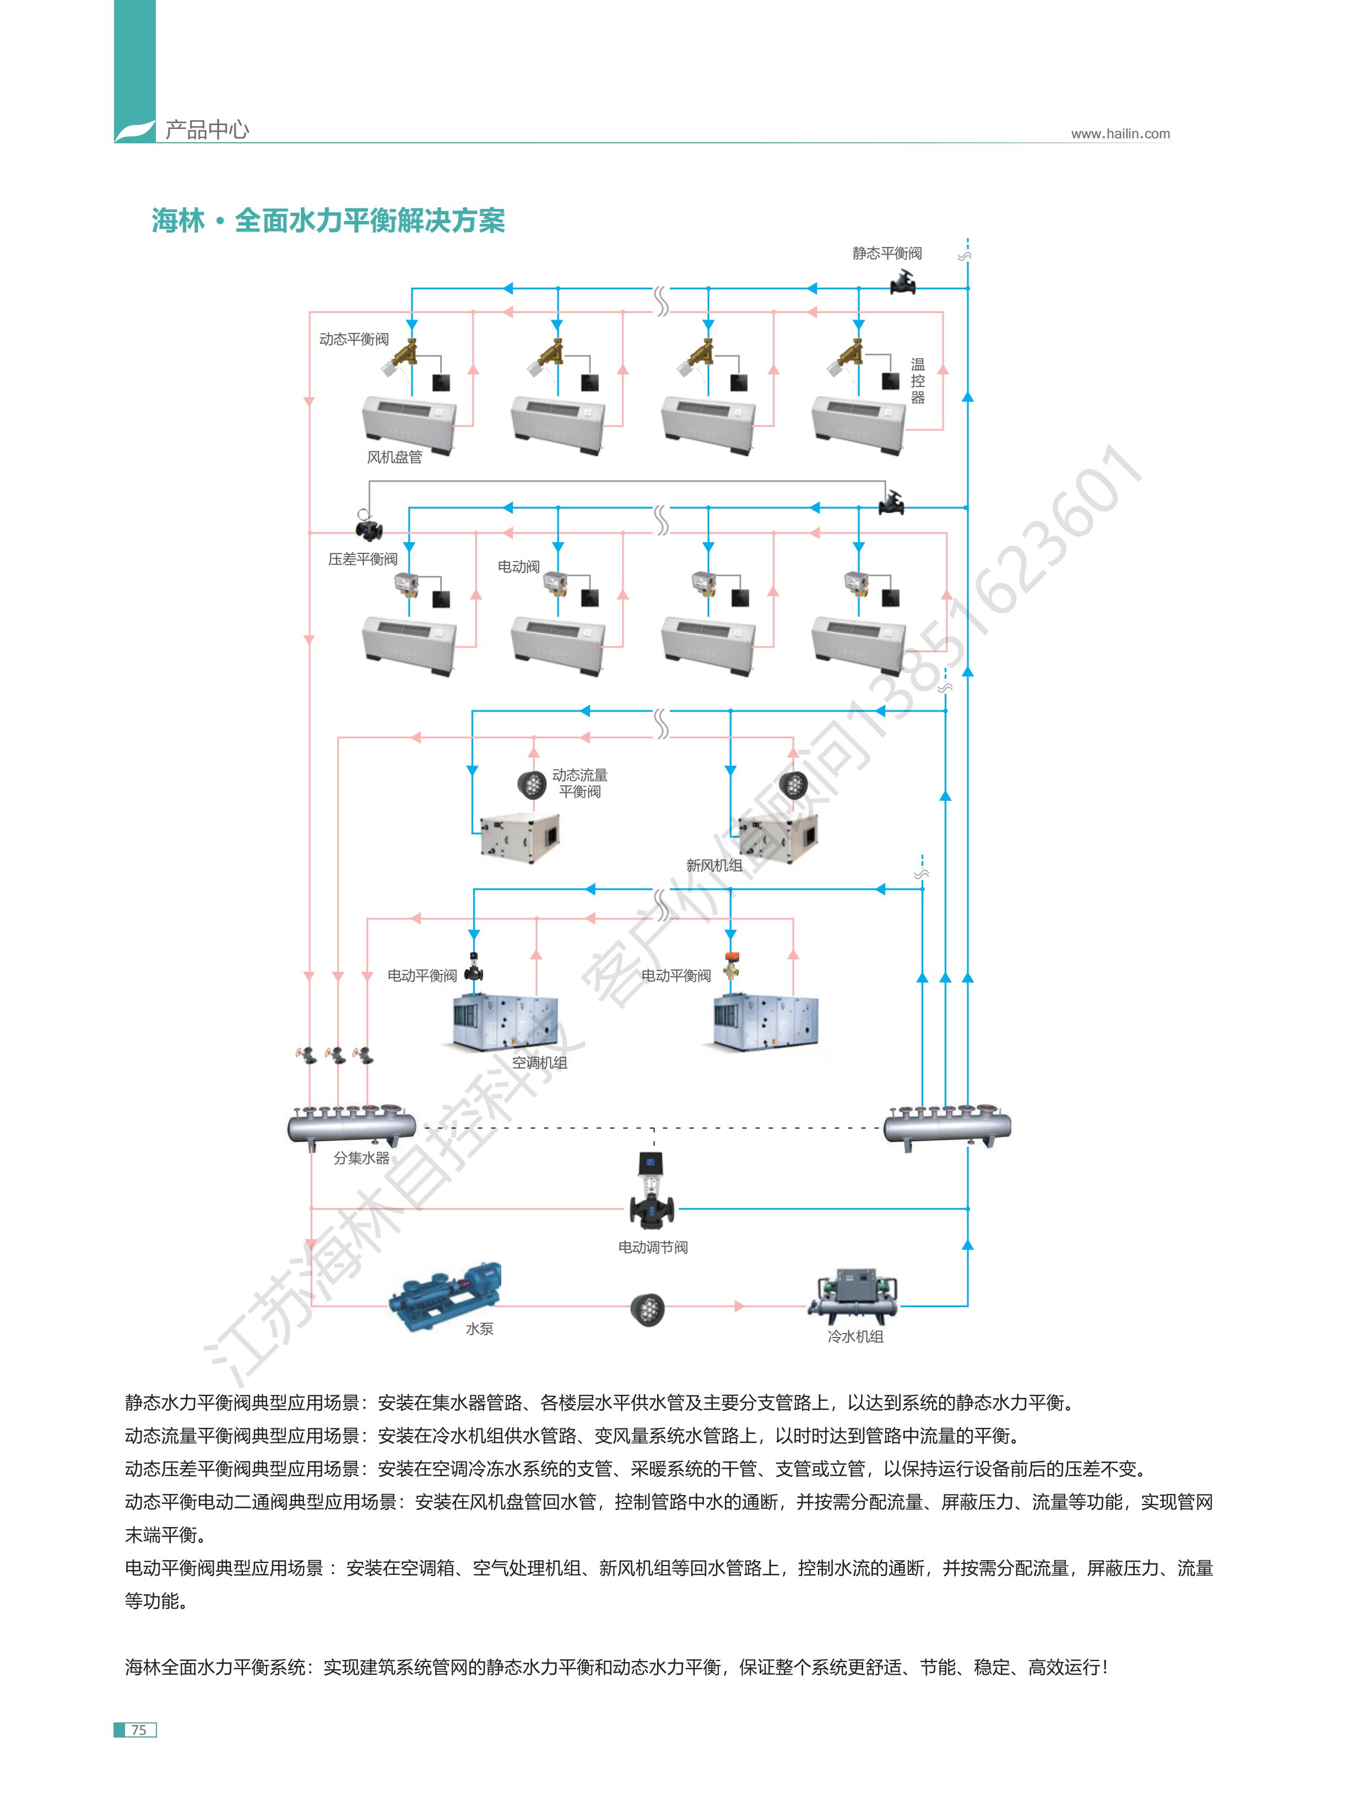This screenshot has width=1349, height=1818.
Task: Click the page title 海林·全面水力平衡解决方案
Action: [328, 220]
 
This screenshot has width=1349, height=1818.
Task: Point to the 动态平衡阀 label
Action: [354, 339]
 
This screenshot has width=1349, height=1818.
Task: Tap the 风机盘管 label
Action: [394, 457]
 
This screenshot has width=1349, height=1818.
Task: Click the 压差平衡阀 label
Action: [362, 559]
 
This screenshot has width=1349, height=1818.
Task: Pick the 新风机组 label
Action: [714, 866]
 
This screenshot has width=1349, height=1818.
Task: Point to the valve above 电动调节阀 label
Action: [652, 1193]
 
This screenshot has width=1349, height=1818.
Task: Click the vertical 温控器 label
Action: [918, 381]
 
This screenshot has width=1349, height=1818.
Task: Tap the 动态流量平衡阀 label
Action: [580, 783]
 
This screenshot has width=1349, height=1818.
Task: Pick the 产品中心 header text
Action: [207, 129]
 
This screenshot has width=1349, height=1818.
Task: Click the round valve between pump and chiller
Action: [648, 1309]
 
